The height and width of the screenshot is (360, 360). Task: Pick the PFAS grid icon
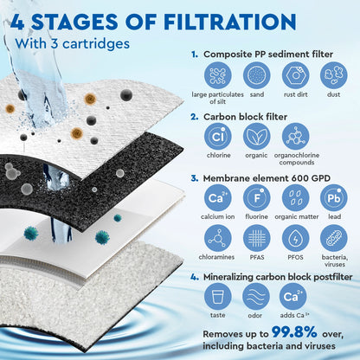(x=257, y=238)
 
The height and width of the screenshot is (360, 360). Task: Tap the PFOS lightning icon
(x=295, y=238)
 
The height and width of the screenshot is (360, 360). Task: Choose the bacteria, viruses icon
(x=334, y=238)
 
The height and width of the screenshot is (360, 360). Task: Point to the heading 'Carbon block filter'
(x=252, y=114)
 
